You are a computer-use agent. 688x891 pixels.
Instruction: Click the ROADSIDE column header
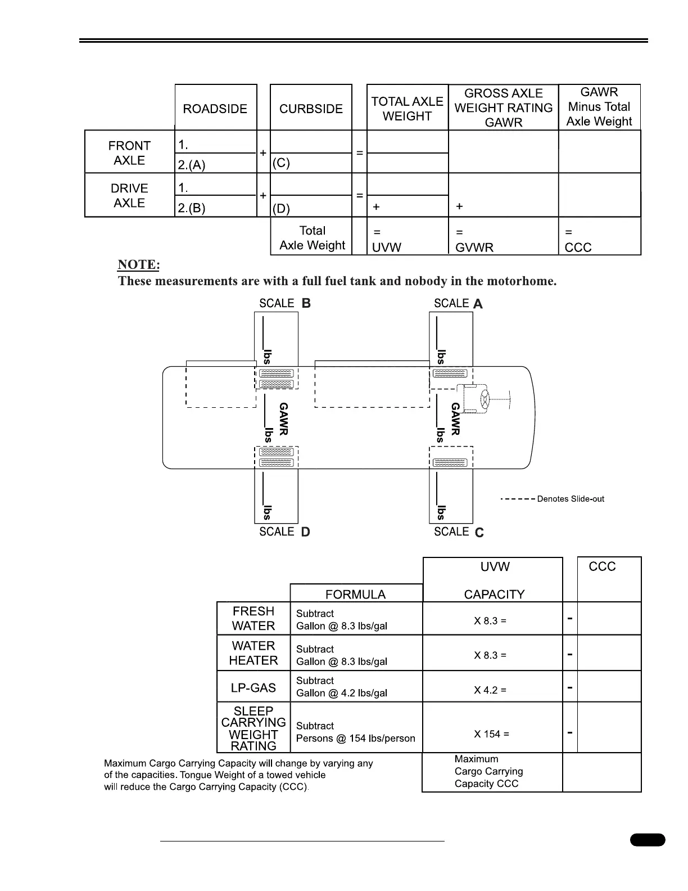pyautogui.click(x=215, y=109)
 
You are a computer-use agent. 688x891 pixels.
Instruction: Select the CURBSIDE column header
pyautogui.click(x=311, y=109)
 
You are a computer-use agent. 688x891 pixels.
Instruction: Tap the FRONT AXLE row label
pyautogui.click(x=129, y=152)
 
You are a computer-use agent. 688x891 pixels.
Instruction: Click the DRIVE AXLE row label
pyautogui.click(x=129, y=195)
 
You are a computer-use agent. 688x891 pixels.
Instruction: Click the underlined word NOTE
pyautogui.click(x=139, y=264)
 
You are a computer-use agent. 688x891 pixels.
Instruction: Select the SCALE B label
pyautogui.click(x=284, y=303)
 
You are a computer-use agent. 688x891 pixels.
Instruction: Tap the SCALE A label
pyautogui.click(x=458, y=304)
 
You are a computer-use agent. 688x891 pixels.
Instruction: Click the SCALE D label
pyautogui.click(x=284, y=532)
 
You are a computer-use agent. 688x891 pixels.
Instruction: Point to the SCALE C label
pyautogui.click(x=459, y=532)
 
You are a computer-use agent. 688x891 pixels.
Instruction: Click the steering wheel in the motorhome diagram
pyautogui.click(x=484, y=399)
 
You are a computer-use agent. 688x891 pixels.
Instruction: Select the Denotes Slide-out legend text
pyautogui.click(x=570, y=499)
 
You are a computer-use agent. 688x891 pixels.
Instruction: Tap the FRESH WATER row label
pyautogui.click(x=254, y=618)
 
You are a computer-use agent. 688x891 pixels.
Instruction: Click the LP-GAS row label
pyautogui.click(x=254, y=687)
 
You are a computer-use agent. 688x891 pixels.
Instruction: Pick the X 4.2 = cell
pyautogui.click(x=490, y=690)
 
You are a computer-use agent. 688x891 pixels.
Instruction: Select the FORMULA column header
pyautogui.click(x=355, y=594)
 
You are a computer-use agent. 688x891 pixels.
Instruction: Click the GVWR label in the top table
pyautogui.click(x=474, y=247)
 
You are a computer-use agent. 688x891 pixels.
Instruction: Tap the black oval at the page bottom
pyautogui.click(x=648, y=840)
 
